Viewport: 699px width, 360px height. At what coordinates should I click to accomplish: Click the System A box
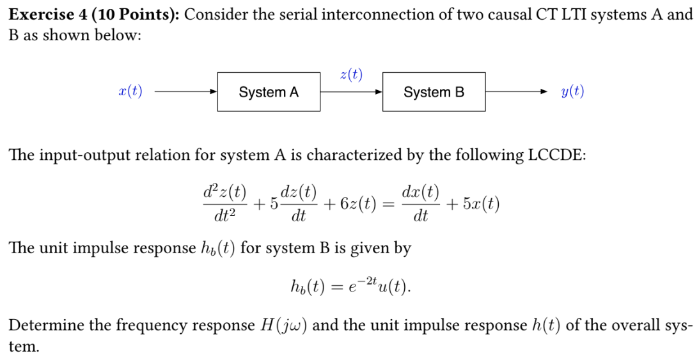[x=269, y=92]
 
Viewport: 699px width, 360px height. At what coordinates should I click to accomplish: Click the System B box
[x=434, y=92]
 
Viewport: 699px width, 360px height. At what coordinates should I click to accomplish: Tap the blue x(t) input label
[x=130, y=92]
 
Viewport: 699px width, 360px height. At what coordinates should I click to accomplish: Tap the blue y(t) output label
[x=572, y=92]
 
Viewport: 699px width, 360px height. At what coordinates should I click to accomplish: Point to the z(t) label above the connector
[x=351, y=75]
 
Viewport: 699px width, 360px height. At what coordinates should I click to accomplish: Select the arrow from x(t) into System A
[x=185, y=92]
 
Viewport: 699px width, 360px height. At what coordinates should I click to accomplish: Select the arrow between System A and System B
[x=351, y=92]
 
